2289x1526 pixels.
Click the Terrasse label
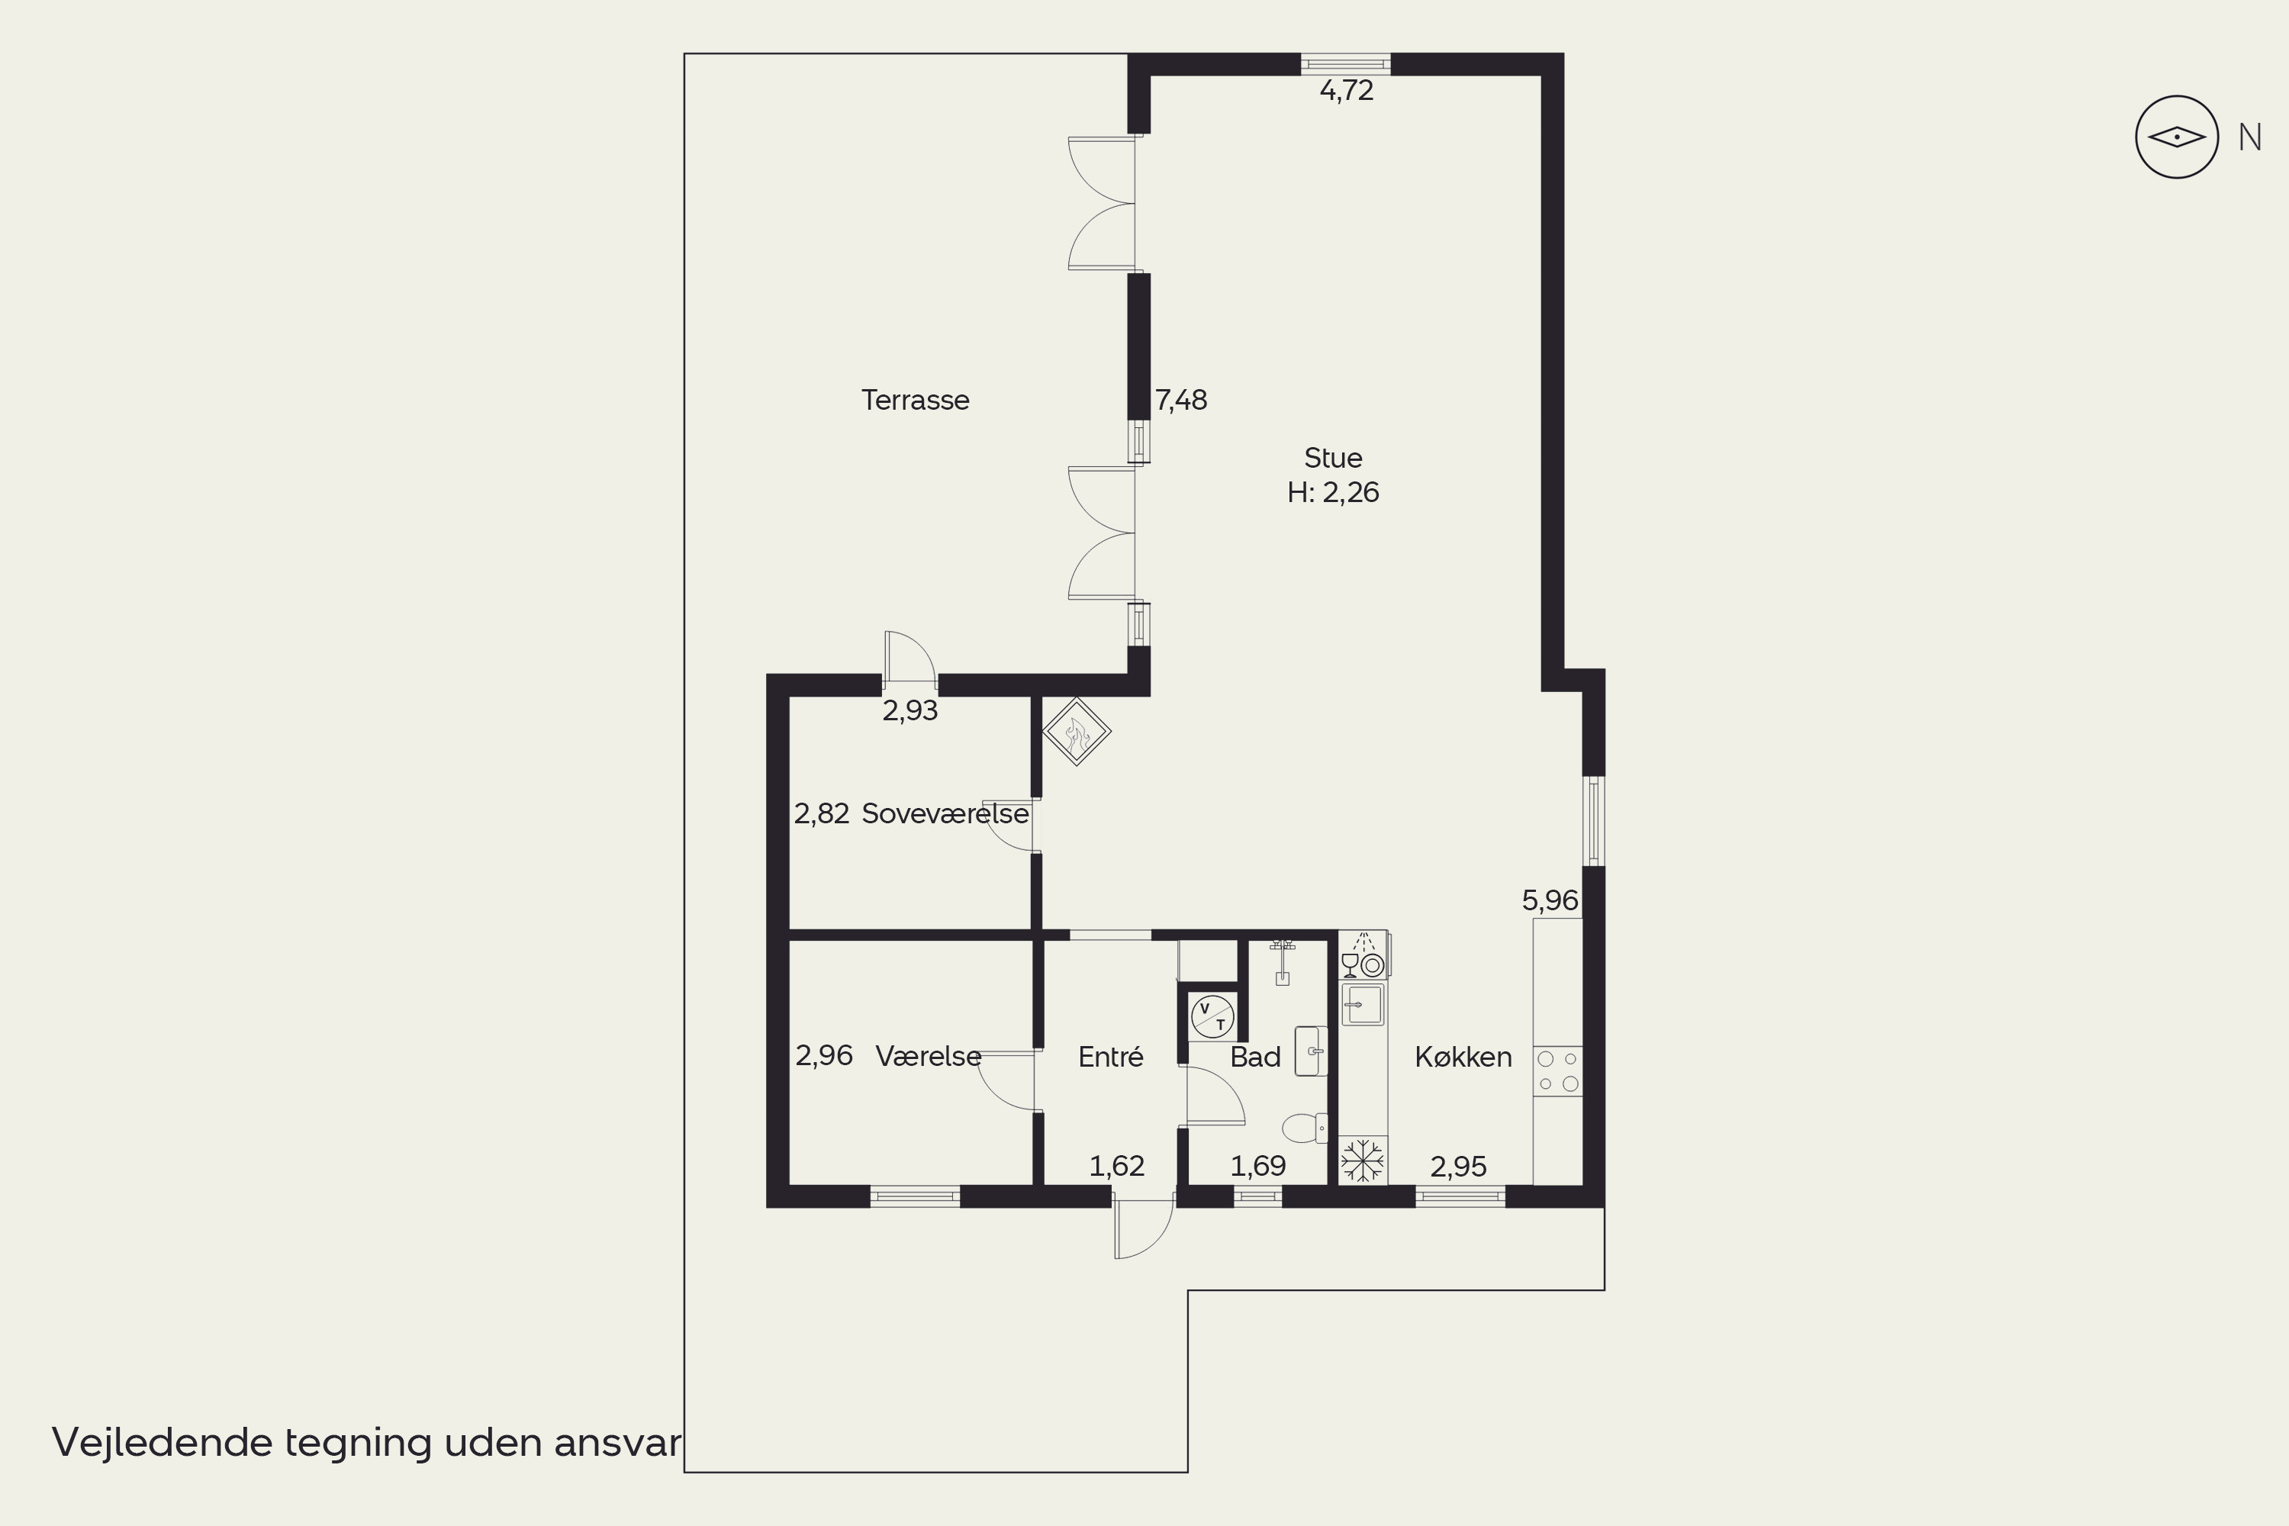point(915,400)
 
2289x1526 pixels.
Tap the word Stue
point(1332,457)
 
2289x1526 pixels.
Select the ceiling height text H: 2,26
point(1332,492)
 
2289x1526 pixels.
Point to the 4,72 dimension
point(1346,91)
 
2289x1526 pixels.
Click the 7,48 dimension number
point(1180,400)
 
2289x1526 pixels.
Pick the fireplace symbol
point(1077,731)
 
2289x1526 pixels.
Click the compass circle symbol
point(2176,137)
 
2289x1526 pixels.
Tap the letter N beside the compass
point(2249,138)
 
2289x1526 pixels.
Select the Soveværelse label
point(945,813)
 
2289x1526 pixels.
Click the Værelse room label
point(929,1057)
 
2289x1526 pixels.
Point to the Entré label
point(1110,1057)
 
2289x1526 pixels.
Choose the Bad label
point(1255,1057)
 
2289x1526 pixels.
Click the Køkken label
point(1463,1057)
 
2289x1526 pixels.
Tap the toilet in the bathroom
point(1305,1128)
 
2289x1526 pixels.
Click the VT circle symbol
point(1212,1017)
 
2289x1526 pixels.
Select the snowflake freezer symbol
point(1363,1160)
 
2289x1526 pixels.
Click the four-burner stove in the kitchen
point(1557,1071)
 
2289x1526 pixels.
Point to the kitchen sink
point(1363,1004)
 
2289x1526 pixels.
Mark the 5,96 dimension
point(1550,901)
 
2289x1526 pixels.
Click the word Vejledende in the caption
point(163,1442)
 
